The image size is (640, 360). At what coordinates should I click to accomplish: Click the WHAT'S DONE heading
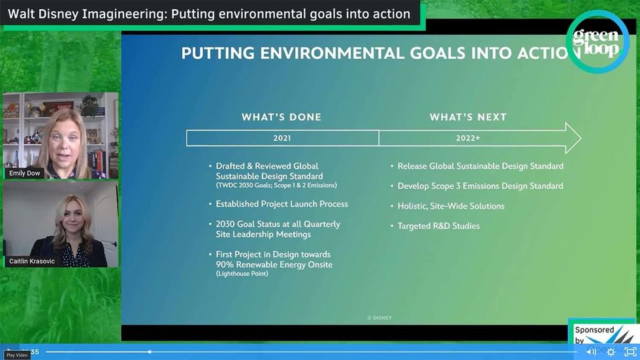click(x=281, y=117)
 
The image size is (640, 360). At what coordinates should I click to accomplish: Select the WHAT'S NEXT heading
click(x=468, y=117)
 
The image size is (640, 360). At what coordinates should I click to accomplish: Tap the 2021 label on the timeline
click(x=282, y=138)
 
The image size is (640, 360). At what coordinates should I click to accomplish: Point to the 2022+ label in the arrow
click(x=468, y=138)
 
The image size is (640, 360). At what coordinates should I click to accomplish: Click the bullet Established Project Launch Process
click(x=281, y=204)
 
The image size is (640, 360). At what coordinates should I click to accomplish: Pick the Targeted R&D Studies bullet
click(x=438, y=226)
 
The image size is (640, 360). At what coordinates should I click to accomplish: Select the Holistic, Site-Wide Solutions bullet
click(x=451, y=206)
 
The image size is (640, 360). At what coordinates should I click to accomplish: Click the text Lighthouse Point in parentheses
click(x=243, y=274)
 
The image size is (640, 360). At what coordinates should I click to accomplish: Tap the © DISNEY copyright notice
click(x=379, y=318)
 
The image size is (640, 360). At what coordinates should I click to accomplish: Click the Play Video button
click(x=16, y=355)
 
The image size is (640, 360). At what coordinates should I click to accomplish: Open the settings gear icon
click(x=611, y=352)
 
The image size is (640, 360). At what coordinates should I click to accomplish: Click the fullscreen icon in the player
click(x=630, y=352)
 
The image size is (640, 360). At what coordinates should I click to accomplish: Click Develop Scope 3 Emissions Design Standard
click(x=480, y=186)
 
